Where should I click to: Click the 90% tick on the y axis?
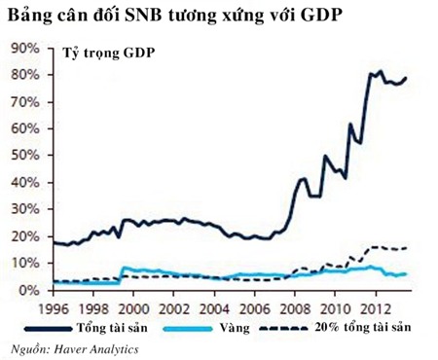(x=24, y=48)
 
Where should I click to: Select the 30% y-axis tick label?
(x=24, y=210)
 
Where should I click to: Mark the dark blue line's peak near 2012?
(x=380, y=71)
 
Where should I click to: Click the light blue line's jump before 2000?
(x=121, y=268)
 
